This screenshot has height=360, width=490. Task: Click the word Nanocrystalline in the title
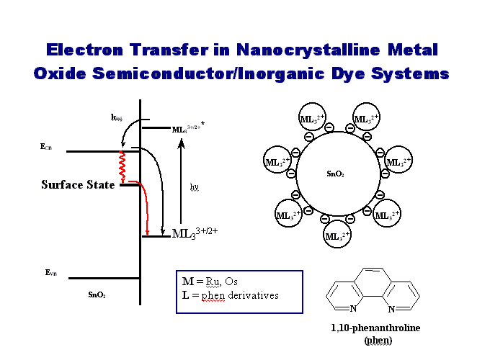[x=312, y=50]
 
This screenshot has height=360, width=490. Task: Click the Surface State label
[x=77, y=185]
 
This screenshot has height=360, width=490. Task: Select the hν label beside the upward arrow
[x=195, y=187]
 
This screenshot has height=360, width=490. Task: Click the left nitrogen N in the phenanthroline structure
[x=353, y=310]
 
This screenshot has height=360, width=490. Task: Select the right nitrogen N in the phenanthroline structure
[x=391, y=310]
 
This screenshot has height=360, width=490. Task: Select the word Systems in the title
[x=414, y=73]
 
